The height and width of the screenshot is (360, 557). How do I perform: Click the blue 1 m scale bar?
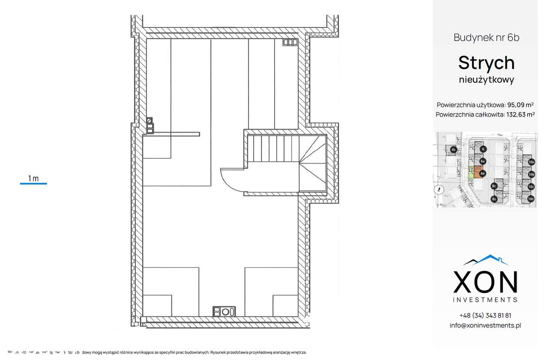[34, 183]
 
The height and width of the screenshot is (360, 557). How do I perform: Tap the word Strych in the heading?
[486, 63]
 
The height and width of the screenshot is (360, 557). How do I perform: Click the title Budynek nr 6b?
[486, 37]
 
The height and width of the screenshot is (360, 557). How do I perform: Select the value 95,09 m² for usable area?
[520, 105]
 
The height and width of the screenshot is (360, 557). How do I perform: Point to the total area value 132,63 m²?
[520, 115]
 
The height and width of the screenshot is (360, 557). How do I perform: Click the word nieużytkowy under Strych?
[486, 80]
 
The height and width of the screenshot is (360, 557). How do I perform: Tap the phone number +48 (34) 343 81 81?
[485, 315]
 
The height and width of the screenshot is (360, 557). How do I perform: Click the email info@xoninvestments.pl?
[485, 325]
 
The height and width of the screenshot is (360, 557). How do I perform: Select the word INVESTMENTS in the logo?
[485, 300]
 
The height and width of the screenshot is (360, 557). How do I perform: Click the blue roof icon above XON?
[486, 260]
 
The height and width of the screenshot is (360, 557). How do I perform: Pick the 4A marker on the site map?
[453, 150]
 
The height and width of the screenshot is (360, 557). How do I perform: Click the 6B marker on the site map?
[483, 173]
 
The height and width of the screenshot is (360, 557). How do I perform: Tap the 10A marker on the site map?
[531, 162]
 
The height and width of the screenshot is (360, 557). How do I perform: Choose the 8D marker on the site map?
[494, 199]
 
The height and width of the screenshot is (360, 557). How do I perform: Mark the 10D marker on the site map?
[531, 199]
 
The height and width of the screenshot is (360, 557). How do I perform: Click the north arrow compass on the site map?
[440, 189]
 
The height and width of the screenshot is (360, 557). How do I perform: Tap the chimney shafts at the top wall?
[290, 42]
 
